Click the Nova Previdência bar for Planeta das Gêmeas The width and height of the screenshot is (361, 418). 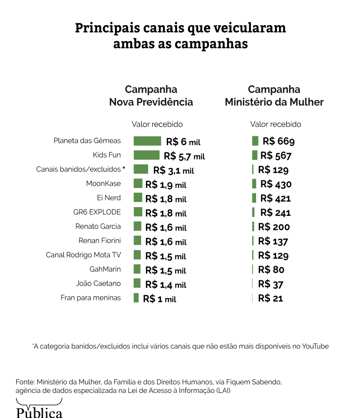click(x=147, y=141)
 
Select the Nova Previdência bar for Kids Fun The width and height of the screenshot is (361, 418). click(x=146, y=155)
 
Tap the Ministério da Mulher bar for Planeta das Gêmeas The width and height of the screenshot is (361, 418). click(x=255, y=141)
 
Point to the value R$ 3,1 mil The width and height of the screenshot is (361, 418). click(x=174, y=171)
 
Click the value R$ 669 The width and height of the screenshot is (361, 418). click(x=279, y=141)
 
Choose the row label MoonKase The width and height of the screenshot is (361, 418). click(x=103, y=184)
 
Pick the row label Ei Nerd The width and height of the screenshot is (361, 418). click(x=109, y=198)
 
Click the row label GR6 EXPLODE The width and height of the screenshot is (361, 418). click(x=97, y=212)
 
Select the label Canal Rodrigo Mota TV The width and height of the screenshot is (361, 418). click(x=83, y=255)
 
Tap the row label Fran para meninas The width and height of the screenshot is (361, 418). click(x=91, y=298)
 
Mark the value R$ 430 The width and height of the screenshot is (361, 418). click(x=276, y=184)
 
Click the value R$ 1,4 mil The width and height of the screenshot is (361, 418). click(x=166, y=285)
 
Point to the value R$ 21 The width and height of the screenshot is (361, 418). click(x=270, y=298)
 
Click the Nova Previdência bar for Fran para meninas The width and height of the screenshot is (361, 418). click(x=136, y=298)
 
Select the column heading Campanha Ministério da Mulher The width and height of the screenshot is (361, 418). click(x=274, y=96)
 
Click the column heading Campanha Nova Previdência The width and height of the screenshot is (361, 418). click(x=151, y=96)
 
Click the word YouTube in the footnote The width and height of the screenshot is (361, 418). click(x=315, y=346)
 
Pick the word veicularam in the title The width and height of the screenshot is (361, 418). click(x=249, y=28)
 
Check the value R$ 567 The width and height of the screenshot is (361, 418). click(x=276, y=156)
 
